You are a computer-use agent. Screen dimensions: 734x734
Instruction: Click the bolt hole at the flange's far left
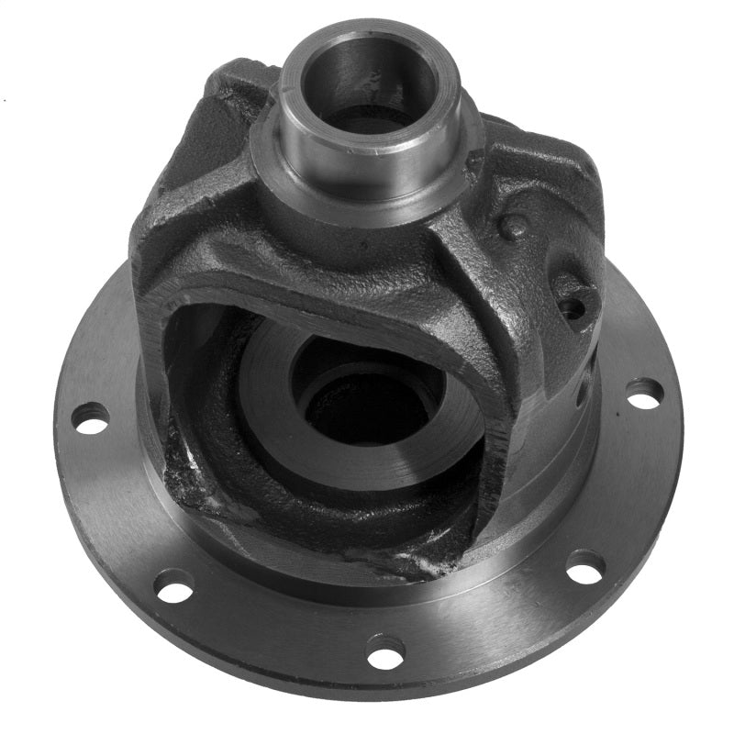pyautogui.click(x=90, y=418)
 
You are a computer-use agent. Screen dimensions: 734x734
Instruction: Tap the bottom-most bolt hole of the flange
pyautogui.click(x=385, y=651)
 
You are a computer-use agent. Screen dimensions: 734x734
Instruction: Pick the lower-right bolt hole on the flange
pyautogui.click(x=584, y=566)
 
